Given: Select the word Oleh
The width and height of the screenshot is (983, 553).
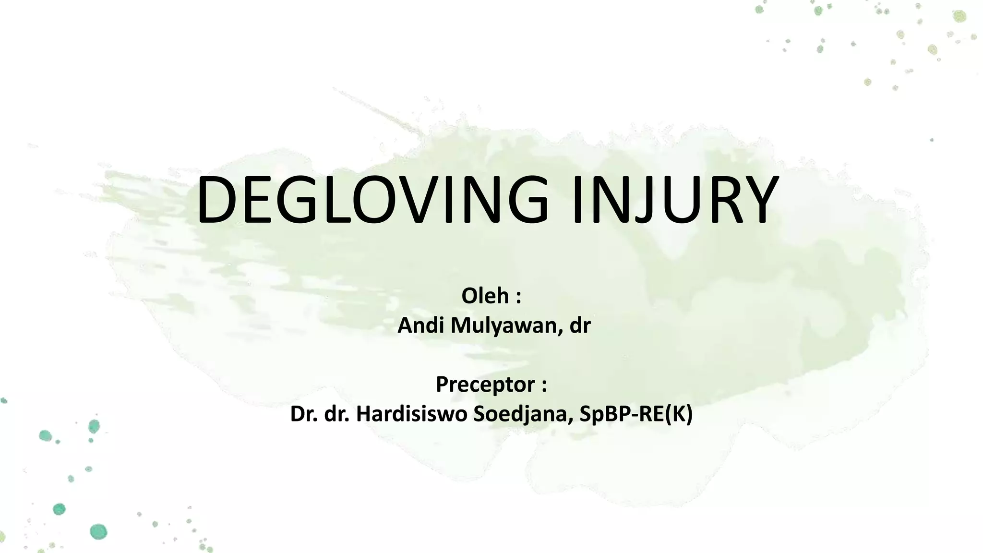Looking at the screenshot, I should pos(485,296).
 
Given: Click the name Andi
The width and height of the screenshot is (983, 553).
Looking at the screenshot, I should pos(420,325).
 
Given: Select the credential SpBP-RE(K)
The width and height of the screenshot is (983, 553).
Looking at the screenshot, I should pos(636,414).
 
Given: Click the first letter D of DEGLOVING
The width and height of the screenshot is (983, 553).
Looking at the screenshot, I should pos(216,200).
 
